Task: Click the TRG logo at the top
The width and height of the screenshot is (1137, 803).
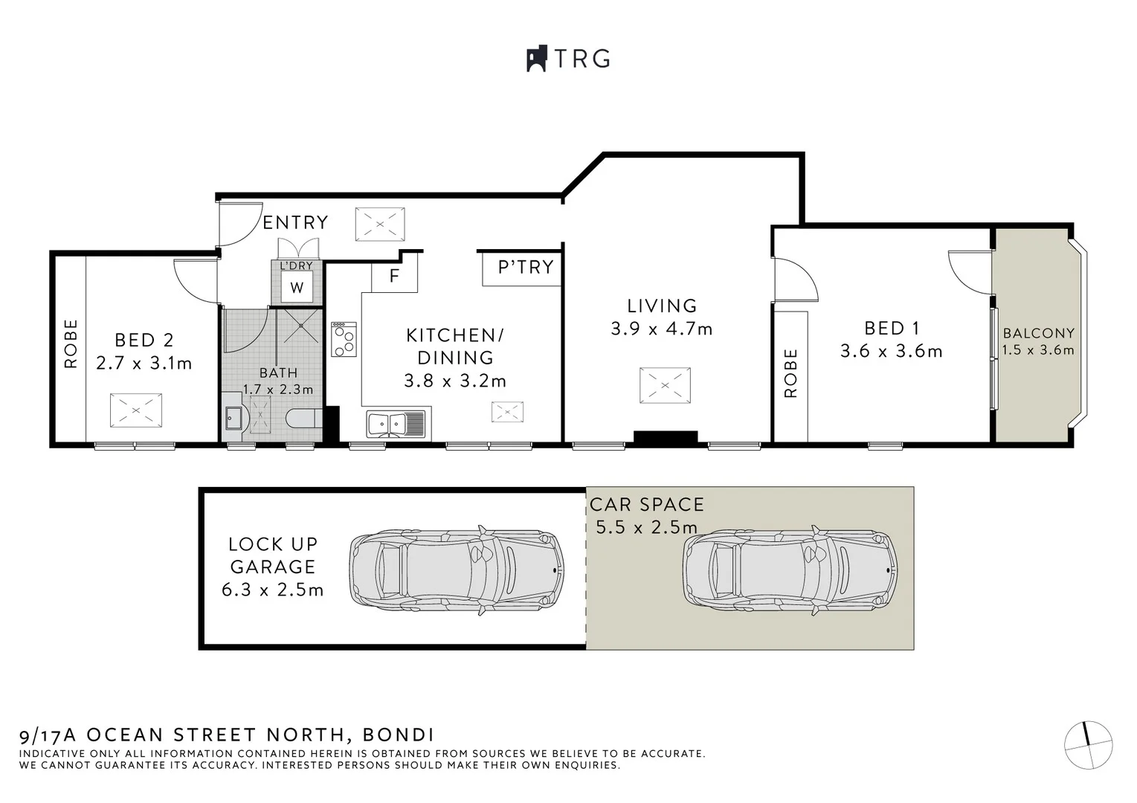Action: click(x=569, y=59)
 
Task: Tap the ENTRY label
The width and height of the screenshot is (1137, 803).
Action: click(x=295, y=222)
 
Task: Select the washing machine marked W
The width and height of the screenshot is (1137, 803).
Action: click(x=297, y=287)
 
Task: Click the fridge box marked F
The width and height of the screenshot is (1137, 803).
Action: click(x=394, y=277)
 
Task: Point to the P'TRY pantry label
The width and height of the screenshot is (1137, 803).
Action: click(x=526, y=267)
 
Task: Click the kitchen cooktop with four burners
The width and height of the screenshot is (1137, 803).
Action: click(x=344, y=339)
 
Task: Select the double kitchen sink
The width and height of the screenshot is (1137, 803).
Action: click(x=395, y=424)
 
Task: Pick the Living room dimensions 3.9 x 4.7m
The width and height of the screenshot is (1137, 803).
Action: click(x=661, y=329)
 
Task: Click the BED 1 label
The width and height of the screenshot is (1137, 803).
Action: click(x=892, y=328)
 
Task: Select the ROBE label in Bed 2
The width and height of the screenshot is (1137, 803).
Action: click(x=71, y=344)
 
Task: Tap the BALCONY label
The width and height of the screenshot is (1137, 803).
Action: click(x=1038, y=333)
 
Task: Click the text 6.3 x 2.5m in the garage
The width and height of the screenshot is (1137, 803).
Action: click(x=272, y=590)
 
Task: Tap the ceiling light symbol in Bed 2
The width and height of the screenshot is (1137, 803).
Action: click(x=135, y=410)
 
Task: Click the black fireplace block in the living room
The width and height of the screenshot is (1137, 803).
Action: click(x=665, y=438)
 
